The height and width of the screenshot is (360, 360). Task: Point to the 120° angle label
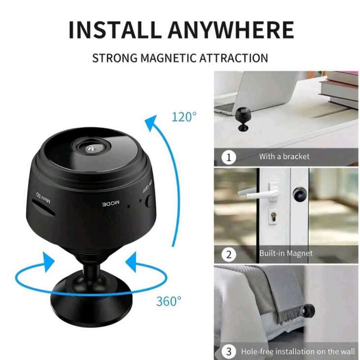click(184, 117)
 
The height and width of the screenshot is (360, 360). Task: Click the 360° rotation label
click(168, 301)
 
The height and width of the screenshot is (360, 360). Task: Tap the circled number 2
click(229, 255)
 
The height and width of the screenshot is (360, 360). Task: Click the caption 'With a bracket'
click(284, 157)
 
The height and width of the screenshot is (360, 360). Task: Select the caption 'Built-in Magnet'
click(285, 253)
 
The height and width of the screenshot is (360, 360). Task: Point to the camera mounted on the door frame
click(299, 194)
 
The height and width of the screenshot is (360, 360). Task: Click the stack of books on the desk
click(340, 88)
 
